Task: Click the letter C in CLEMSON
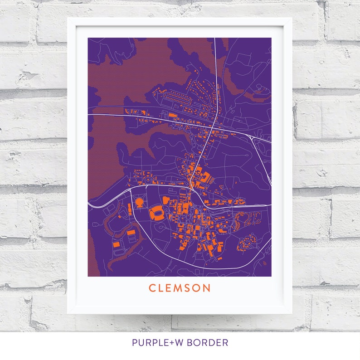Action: pos(152,288)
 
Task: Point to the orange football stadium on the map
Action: pos(157,212)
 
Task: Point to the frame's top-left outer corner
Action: pos(68,18)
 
